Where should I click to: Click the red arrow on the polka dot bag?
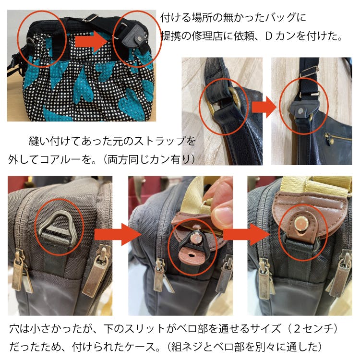(91, 41)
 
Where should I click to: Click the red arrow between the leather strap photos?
(264, 107)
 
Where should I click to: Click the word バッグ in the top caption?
(280, 18)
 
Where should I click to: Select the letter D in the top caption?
(269, 36)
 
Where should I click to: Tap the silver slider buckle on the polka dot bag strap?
(90, 18)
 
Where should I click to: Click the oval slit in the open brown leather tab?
(191, 255)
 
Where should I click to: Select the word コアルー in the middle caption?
(60, 159)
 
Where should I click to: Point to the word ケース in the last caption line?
(139, 347)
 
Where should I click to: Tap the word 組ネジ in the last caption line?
(186, 347)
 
